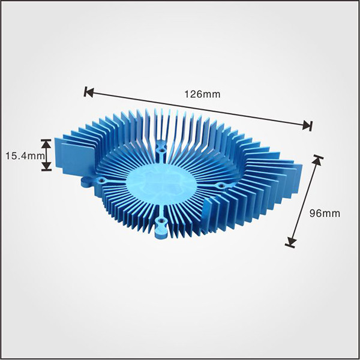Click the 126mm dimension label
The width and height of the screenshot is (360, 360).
click(x=202, y=94)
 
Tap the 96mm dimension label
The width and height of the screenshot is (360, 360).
click(x=325, y=214)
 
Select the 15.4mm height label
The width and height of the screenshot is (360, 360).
click(x=25, y=156)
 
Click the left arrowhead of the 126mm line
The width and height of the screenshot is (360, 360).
click(x=88, y=92)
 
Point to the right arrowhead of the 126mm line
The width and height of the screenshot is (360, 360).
click(x=307, y=125)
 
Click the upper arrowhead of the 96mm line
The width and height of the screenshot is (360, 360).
click(x=318, y=160)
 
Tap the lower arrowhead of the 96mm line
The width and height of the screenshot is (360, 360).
click(x=291, y=242)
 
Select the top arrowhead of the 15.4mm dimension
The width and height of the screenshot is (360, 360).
click(x=46, y=143)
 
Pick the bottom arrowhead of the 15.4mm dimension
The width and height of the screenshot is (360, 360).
click(x=46, y=166)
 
